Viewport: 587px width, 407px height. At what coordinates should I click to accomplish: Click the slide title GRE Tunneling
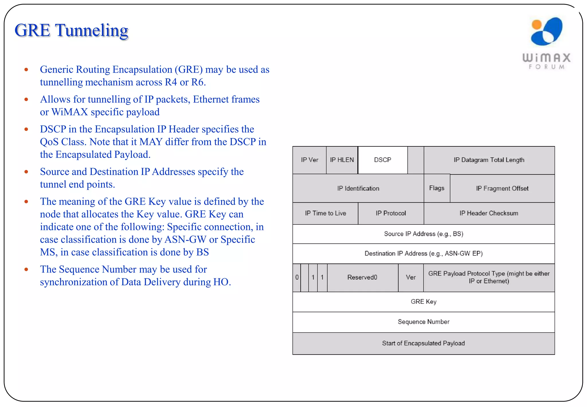[x=71, y=30]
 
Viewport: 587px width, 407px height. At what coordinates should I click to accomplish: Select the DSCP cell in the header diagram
[x=383, y=160]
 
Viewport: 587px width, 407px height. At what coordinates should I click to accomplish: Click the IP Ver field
[x=310, y=160]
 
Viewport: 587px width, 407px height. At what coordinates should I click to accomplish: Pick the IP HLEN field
[x=342, y=160]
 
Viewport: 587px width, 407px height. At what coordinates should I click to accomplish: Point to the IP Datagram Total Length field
[x=489, y=160]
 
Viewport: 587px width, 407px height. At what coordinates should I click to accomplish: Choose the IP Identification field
[x=358, y=188]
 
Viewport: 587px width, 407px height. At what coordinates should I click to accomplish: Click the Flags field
[x=437, y=188]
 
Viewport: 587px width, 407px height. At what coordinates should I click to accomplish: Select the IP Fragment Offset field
[x=502, y=188]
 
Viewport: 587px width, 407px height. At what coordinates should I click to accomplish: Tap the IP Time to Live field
[x=325, y=213]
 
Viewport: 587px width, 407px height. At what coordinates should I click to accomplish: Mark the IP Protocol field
[x=391, y=213]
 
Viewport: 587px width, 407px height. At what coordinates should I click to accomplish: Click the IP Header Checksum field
[x=489, y=213]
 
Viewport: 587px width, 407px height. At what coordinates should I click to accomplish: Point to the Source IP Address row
[x=424, y=234]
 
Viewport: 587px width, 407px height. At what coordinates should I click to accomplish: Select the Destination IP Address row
[x=424, y=253]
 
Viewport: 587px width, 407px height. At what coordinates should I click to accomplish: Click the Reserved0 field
[x=362, y=277]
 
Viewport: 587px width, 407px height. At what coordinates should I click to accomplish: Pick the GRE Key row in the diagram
[x=424, y=302]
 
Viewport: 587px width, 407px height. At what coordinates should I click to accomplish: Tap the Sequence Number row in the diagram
[x=424, y=322]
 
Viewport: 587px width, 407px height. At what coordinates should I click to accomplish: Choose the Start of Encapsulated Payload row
[x=424, y=343]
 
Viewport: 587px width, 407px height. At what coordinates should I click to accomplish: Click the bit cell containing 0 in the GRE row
[x=297, y=277]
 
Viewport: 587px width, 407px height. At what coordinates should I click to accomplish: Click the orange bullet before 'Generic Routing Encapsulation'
[x=26, y=70]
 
